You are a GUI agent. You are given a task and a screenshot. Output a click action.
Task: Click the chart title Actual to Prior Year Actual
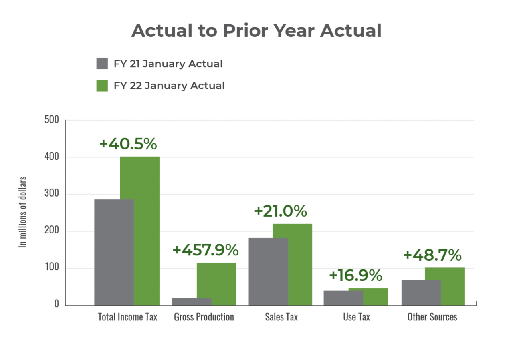pyautogui.click(x=256, y=31)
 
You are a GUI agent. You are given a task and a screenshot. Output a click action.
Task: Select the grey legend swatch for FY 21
pyautogui.click(x=102, y=64)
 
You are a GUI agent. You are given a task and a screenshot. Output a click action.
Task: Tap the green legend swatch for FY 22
pyautogui.click(x=102, y=86)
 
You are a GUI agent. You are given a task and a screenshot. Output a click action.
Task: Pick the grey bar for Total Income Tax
pyautogui.click(x=113, y=252)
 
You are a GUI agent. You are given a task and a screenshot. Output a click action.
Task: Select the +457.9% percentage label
pyautogui.click(x=205, y=250)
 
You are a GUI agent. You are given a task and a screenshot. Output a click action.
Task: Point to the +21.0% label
pyautogui.click(x=281, y=211)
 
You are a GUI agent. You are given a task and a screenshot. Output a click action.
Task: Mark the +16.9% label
pyautogui.click(x=355, y=276)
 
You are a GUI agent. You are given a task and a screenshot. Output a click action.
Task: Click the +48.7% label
pyautogui.click(x=432, y=255)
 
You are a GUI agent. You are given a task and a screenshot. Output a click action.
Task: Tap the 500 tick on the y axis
pyautogui.click(x=51, y=120)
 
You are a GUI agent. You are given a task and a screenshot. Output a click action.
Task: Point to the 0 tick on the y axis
pyautogui.click(x=57, y=305)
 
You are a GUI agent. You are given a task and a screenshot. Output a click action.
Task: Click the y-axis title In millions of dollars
pyautogui.click(x=23, y=212)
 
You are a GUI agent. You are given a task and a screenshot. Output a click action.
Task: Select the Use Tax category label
pyautogui.click(x=356, y=317)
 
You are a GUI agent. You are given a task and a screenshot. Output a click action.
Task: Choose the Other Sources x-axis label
pyautogui.click(x=432, y=317)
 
